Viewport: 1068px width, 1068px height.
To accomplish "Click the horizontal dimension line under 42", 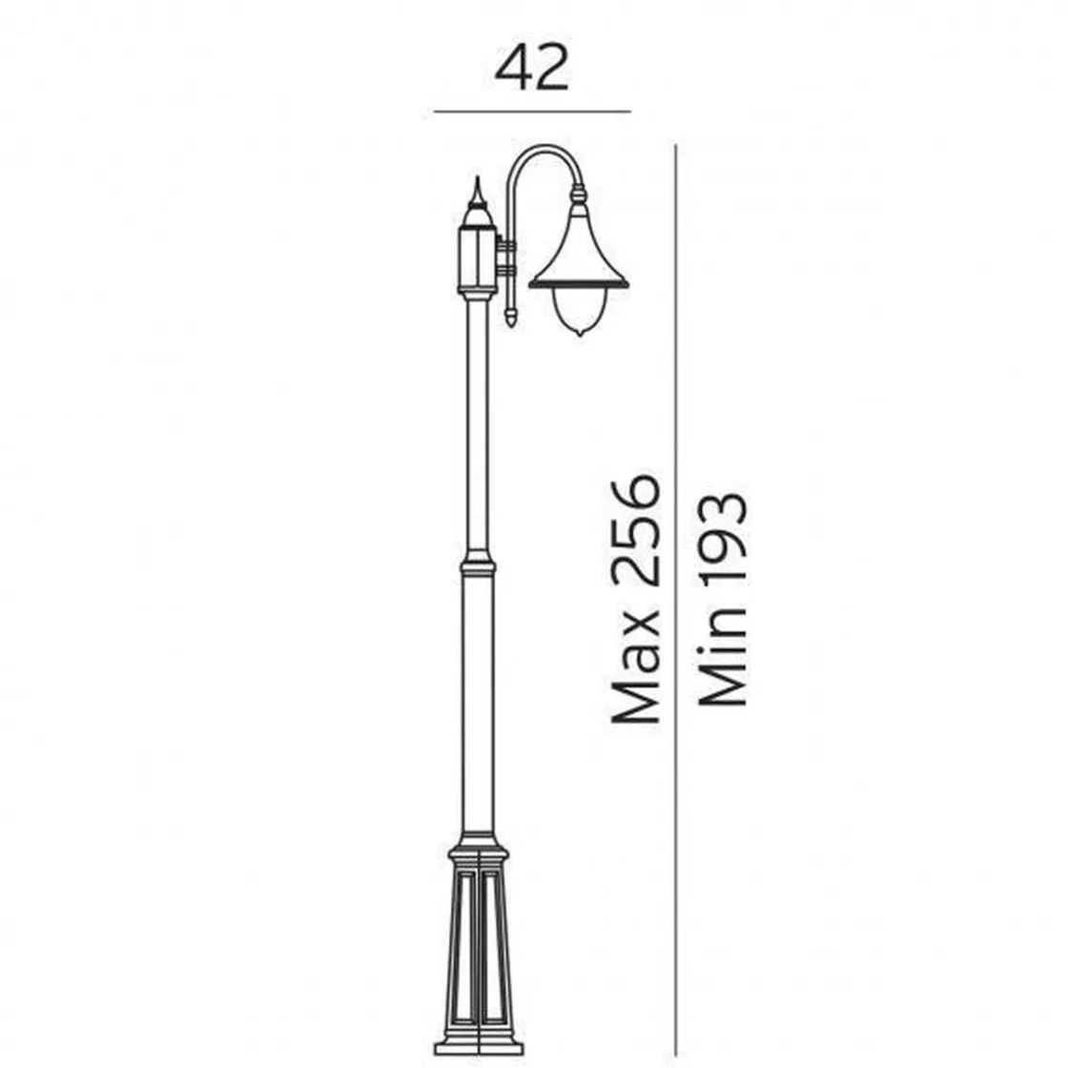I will (532, 112).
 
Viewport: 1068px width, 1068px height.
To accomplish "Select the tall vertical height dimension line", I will (675, 572).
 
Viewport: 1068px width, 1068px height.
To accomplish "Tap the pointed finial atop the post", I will (478, 195).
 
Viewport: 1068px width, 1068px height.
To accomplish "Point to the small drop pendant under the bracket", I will (511, 315).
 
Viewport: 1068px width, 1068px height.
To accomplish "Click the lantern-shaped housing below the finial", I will (478, 257).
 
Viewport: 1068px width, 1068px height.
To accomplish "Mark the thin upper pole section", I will (478, 429).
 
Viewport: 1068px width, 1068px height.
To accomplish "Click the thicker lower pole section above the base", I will (478, 706).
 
